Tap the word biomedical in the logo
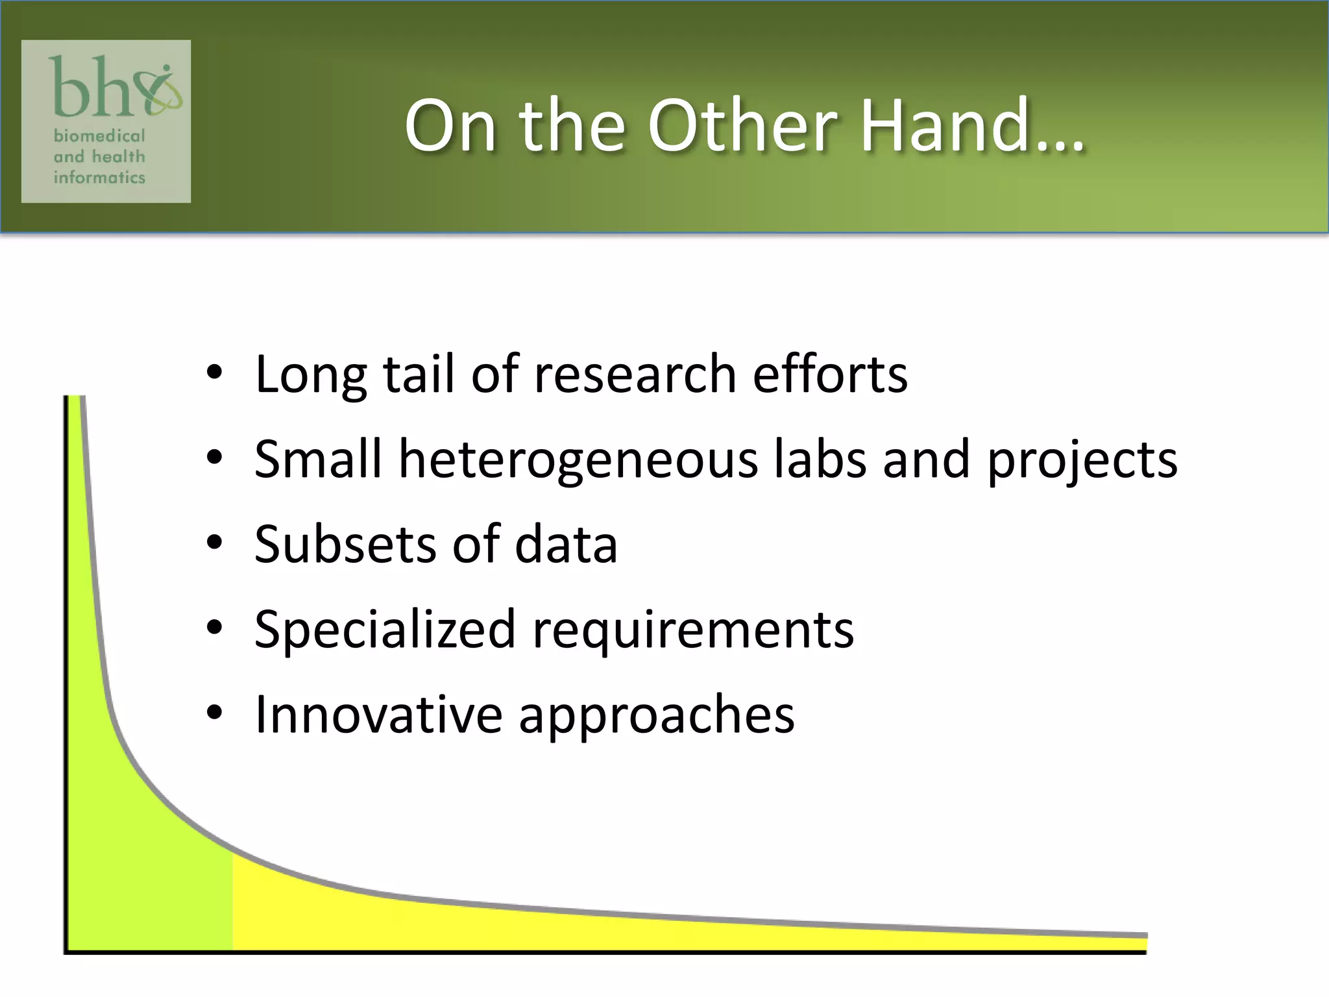click(x=99, y=136)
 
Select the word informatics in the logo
click(x=99, y=177)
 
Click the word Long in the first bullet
click(x=311, y=375)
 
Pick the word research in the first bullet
click(x=635, y=375)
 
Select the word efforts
click(x=830, y=375)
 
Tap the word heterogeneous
click(x=578, y=460)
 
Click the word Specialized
click(x=385, y=630)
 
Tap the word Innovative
click(x=379, y=714)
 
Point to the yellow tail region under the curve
click(x=519, y=928)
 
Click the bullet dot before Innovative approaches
click(x=215, y=713)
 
